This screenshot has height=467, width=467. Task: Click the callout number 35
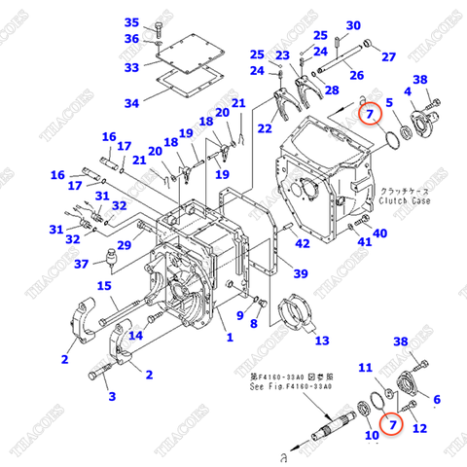132,22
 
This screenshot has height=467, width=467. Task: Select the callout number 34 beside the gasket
131,103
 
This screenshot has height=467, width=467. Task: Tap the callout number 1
230,338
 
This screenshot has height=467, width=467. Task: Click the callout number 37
83,264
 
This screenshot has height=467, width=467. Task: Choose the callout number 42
303,243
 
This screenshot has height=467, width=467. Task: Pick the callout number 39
302,273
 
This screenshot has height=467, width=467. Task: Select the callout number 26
356,75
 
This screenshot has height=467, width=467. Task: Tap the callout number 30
353,25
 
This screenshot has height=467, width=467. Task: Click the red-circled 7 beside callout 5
369,115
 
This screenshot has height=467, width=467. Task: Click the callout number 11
365,367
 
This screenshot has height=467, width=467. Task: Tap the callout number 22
266,128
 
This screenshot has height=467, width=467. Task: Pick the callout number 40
379,233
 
